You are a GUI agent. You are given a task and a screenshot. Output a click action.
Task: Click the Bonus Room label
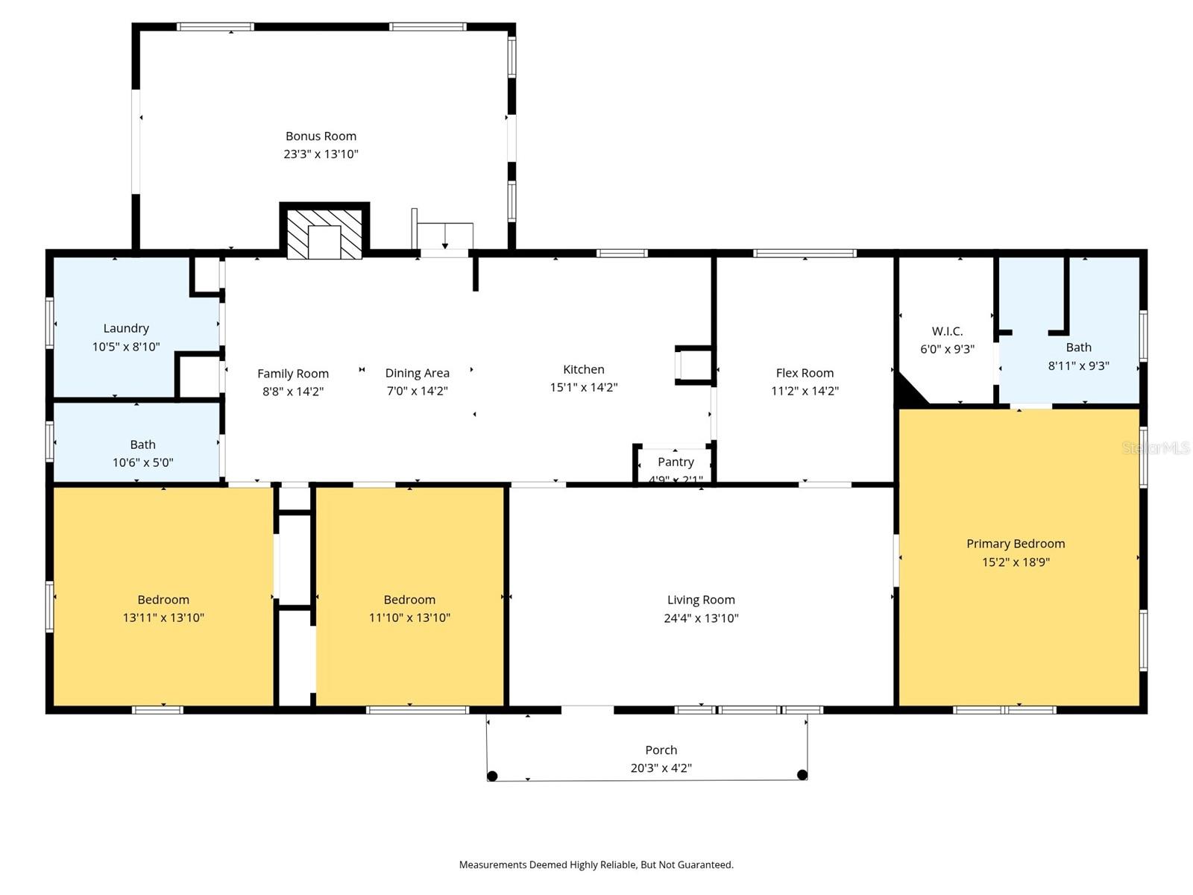321,136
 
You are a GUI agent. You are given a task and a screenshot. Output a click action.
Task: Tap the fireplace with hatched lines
324,233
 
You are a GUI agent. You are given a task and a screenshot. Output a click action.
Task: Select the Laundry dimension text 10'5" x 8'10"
126,347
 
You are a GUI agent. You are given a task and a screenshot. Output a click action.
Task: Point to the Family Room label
293,374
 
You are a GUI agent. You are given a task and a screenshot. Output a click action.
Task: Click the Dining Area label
417,373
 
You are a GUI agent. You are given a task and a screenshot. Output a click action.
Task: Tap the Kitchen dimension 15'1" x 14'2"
584,387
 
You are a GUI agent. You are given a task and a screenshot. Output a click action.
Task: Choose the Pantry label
676,462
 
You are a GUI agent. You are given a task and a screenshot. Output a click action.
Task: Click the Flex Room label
805,373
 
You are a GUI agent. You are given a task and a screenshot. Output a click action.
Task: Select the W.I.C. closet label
947,331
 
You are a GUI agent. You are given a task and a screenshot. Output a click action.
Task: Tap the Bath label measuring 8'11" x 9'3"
1078,348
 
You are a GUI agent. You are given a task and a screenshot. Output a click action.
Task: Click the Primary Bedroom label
1016,544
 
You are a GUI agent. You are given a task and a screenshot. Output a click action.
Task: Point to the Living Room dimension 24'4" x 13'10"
701,618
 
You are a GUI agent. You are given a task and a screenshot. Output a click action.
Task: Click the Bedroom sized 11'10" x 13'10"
409,600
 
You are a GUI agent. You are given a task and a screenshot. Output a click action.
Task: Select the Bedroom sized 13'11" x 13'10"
163,600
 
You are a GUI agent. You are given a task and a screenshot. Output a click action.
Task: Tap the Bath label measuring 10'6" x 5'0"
142,445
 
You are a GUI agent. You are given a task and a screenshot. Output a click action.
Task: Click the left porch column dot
492,776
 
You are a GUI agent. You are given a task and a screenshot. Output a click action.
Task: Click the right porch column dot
802,775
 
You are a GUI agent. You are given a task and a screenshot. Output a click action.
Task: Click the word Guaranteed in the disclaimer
705,865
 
